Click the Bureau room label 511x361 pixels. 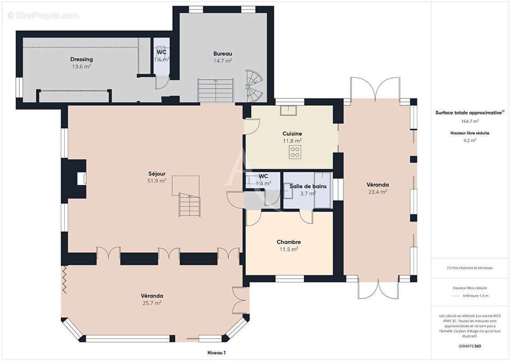coord(223,54)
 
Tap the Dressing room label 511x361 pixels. coord(81,59)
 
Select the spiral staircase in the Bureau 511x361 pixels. coord(254,86)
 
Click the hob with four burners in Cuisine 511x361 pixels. coord(295,153)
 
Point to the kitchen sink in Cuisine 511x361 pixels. coord(288,111)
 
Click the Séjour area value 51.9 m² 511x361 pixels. coord(157,180)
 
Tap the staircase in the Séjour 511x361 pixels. coord(189,205)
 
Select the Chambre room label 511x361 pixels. coord(289,242)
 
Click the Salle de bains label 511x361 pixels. coord(308,186)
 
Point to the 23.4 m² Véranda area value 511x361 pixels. coord(378,192)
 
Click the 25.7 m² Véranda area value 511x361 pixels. coord(152,303)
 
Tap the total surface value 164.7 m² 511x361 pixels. coord(469,121)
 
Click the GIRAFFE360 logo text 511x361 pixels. coord(469,346)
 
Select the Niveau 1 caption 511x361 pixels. coord(216,352)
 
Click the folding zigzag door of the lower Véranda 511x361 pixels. coord(65,280)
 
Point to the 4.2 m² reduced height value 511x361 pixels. coord(469,141)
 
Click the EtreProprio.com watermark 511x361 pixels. coord(43,15)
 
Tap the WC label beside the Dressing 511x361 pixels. coord(162,52)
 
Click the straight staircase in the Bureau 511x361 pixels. coord(216,90)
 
